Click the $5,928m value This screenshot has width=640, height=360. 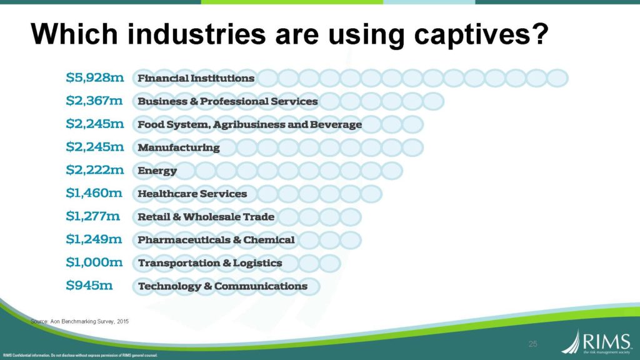95,77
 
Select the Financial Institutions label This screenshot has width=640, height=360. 196,78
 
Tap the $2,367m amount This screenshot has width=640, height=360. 94,101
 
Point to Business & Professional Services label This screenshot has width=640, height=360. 227,101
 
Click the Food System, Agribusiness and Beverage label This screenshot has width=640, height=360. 249,124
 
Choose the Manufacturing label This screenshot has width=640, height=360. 178,147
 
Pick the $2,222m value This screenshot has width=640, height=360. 95,169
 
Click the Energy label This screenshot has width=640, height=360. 157,171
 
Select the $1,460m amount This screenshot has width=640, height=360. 94,192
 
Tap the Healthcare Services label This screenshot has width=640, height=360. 192,194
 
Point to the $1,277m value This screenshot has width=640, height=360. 93,216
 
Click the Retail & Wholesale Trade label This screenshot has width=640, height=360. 206,217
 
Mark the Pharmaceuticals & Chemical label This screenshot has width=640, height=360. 216,239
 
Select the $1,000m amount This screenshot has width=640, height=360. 94,262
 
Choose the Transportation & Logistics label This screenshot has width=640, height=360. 210,263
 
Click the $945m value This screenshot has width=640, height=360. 89,285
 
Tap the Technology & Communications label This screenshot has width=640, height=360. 222,286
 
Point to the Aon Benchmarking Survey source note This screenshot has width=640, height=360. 79,322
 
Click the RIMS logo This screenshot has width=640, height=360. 597,342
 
